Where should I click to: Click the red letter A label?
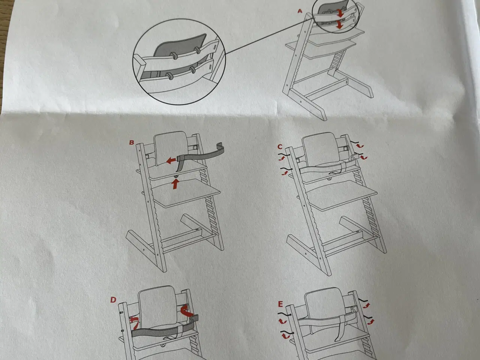pos(300,11)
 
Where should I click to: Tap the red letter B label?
pos(132,142)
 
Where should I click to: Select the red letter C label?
pos(280,147)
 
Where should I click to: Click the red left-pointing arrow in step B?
pos(171,161)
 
